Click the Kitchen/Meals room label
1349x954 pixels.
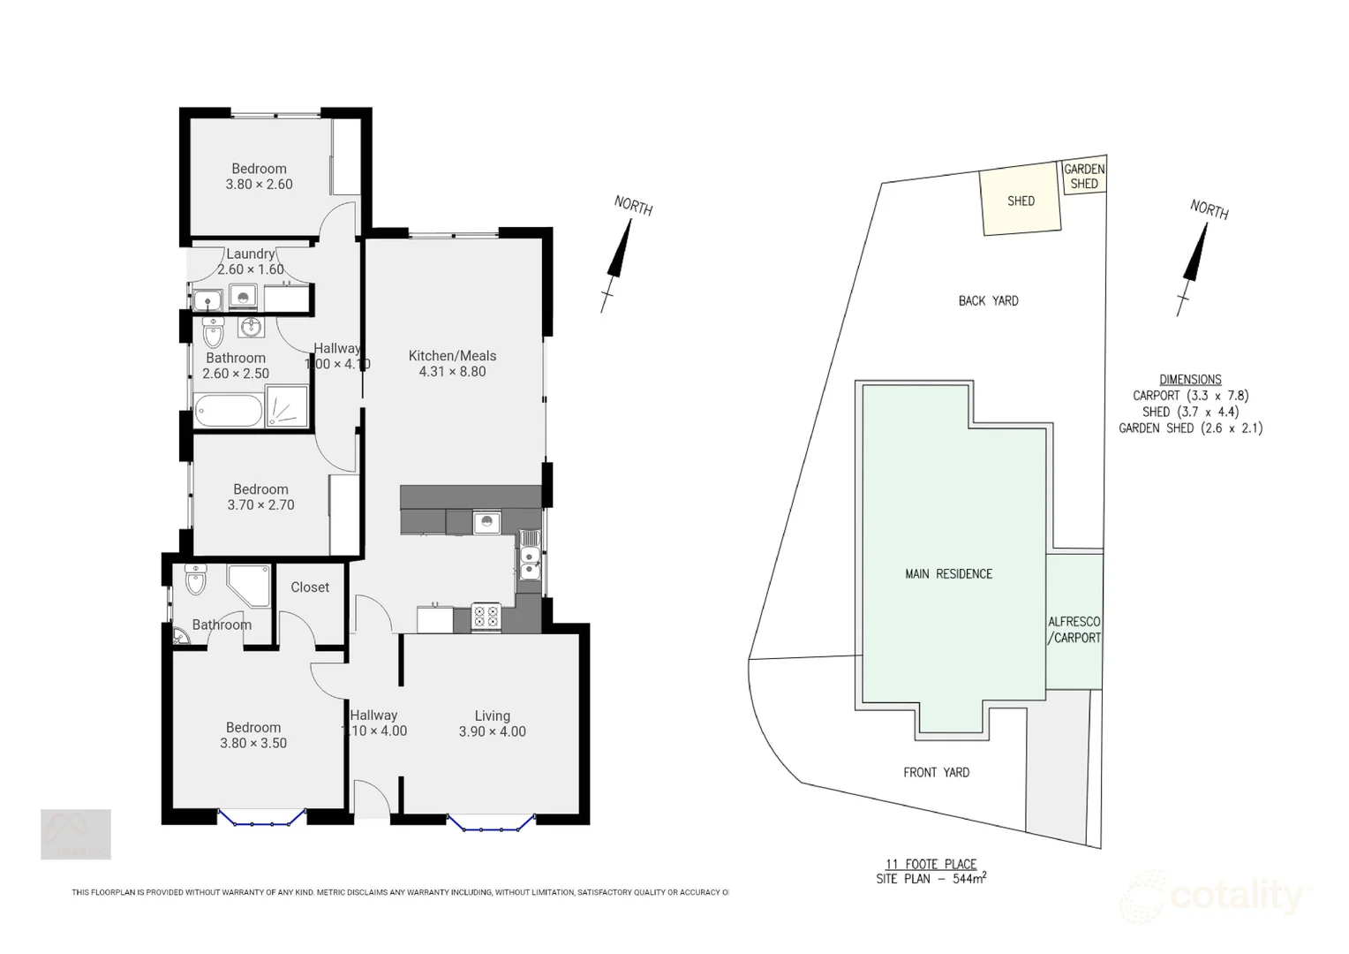(452, 356)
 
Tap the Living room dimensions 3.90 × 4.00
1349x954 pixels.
(492, 731)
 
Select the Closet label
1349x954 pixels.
(310, 587)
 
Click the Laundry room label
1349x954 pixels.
(250, 254)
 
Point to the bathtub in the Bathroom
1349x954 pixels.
(229, 411)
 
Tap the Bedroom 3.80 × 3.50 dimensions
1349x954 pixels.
(253, 743)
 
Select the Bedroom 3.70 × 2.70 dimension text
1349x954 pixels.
(260, 505)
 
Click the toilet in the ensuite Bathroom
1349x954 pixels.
(195, 580)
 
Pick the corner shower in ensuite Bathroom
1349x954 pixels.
(248, 585)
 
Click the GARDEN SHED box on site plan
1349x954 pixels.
(1083, 177)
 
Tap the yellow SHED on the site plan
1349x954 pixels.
(1021, 201)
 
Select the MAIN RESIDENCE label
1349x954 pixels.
(948, 574)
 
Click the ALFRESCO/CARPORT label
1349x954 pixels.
(1074, 630)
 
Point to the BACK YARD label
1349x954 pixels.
(988, 301)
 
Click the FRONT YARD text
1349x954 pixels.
(936, 773)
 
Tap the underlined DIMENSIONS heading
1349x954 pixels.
(1190, 380)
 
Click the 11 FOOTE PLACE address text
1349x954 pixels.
(931, 865)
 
